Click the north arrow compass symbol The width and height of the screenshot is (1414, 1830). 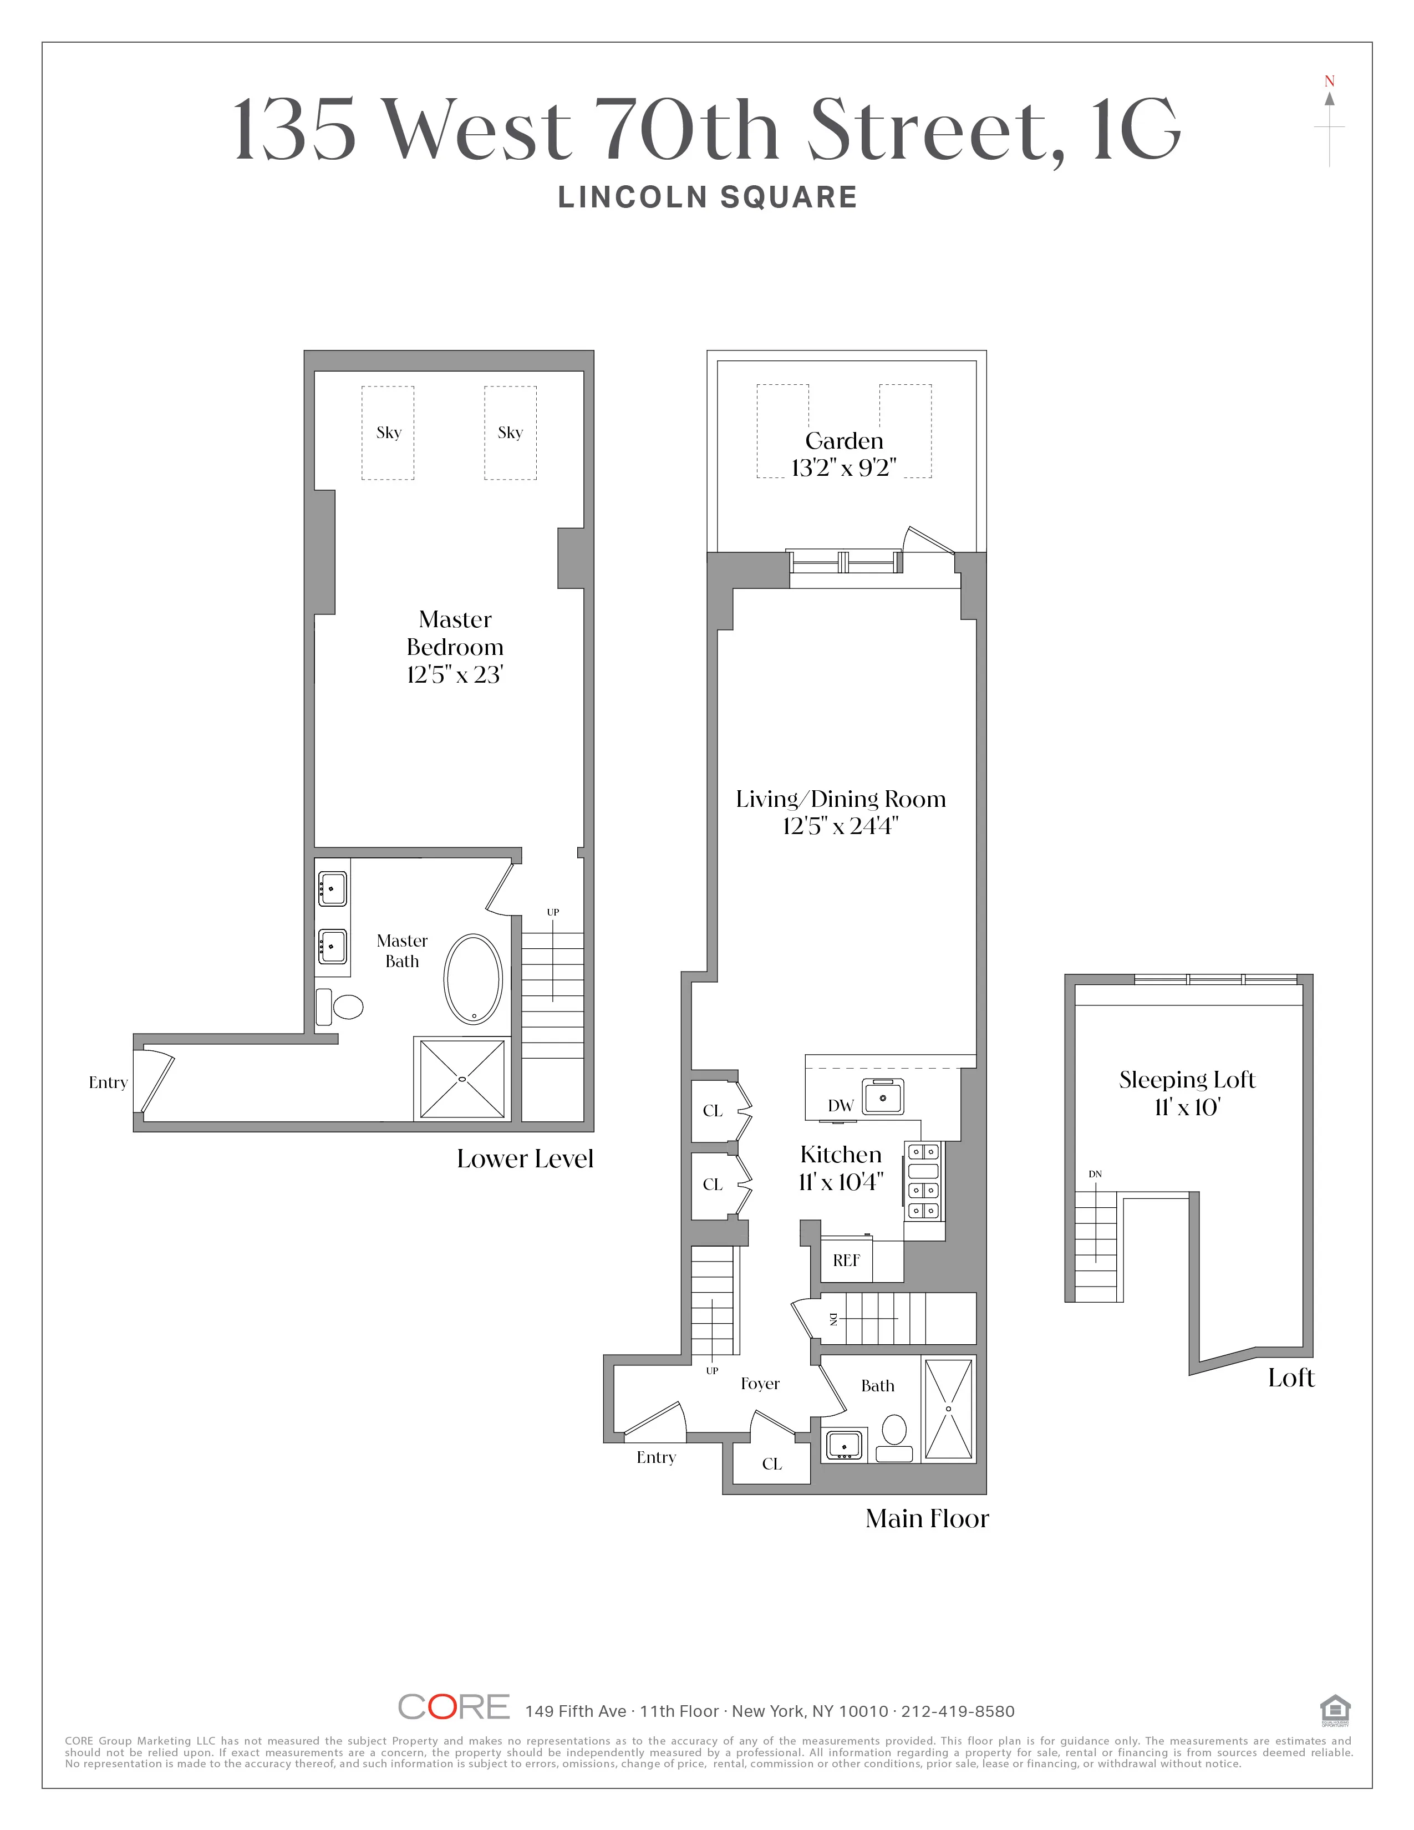[x=1329, y=121]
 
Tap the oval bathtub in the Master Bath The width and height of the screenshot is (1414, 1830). [x=474, y=979]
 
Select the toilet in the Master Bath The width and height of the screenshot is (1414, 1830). [x=341, y=1006]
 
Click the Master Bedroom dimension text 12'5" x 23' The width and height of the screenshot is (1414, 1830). [x=454, y=674]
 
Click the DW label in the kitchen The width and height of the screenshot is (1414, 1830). [x=840, y=1105]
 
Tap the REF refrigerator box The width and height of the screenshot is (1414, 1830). [x=846, y=1260]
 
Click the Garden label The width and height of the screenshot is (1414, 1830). [x=843, y=441]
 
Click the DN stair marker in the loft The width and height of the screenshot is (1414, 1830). [x=1095, y=1174]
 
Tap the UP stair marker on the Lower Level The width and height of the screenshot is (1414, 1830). [x=553, y=912]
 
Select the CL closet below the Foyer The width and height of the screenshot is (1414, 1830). [x=771, y=1464]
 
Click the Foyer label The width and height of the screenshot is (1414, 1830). [x=760, y=1384]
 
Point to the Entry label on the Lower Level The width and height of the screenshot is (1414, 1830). [x=108, y=1082]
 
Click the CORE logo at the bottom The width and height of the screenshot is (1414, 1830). [x=453, y=1707]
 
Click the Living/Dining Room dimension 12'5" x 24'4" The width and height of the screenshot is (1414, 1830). [x=840, y=826]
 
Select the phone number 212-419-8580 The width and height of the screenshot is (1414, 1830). [x=958, y=1711]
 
